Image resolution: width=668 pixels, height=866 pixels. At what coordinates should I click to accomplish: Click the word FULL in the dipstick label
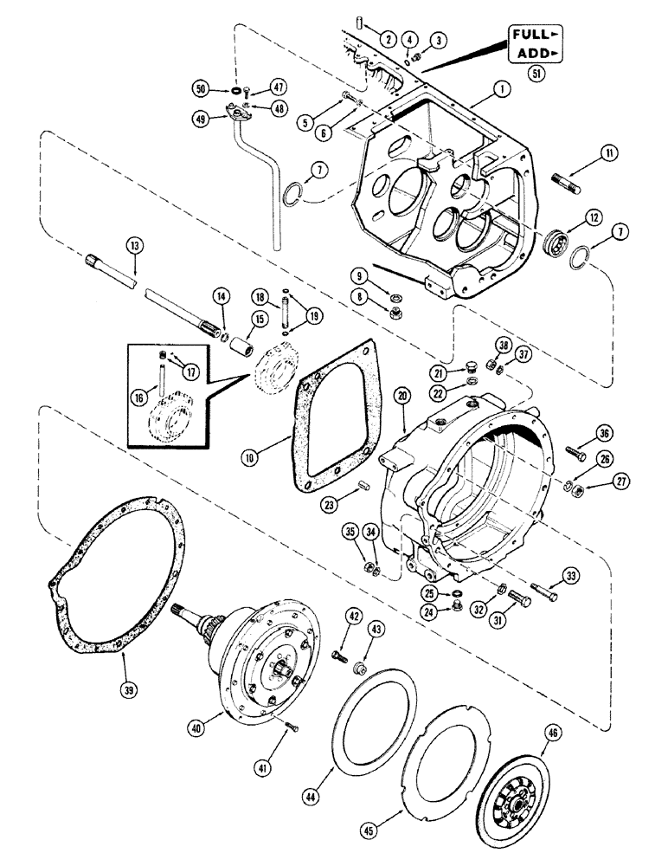pyautogui.click(x=529, y=35)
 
